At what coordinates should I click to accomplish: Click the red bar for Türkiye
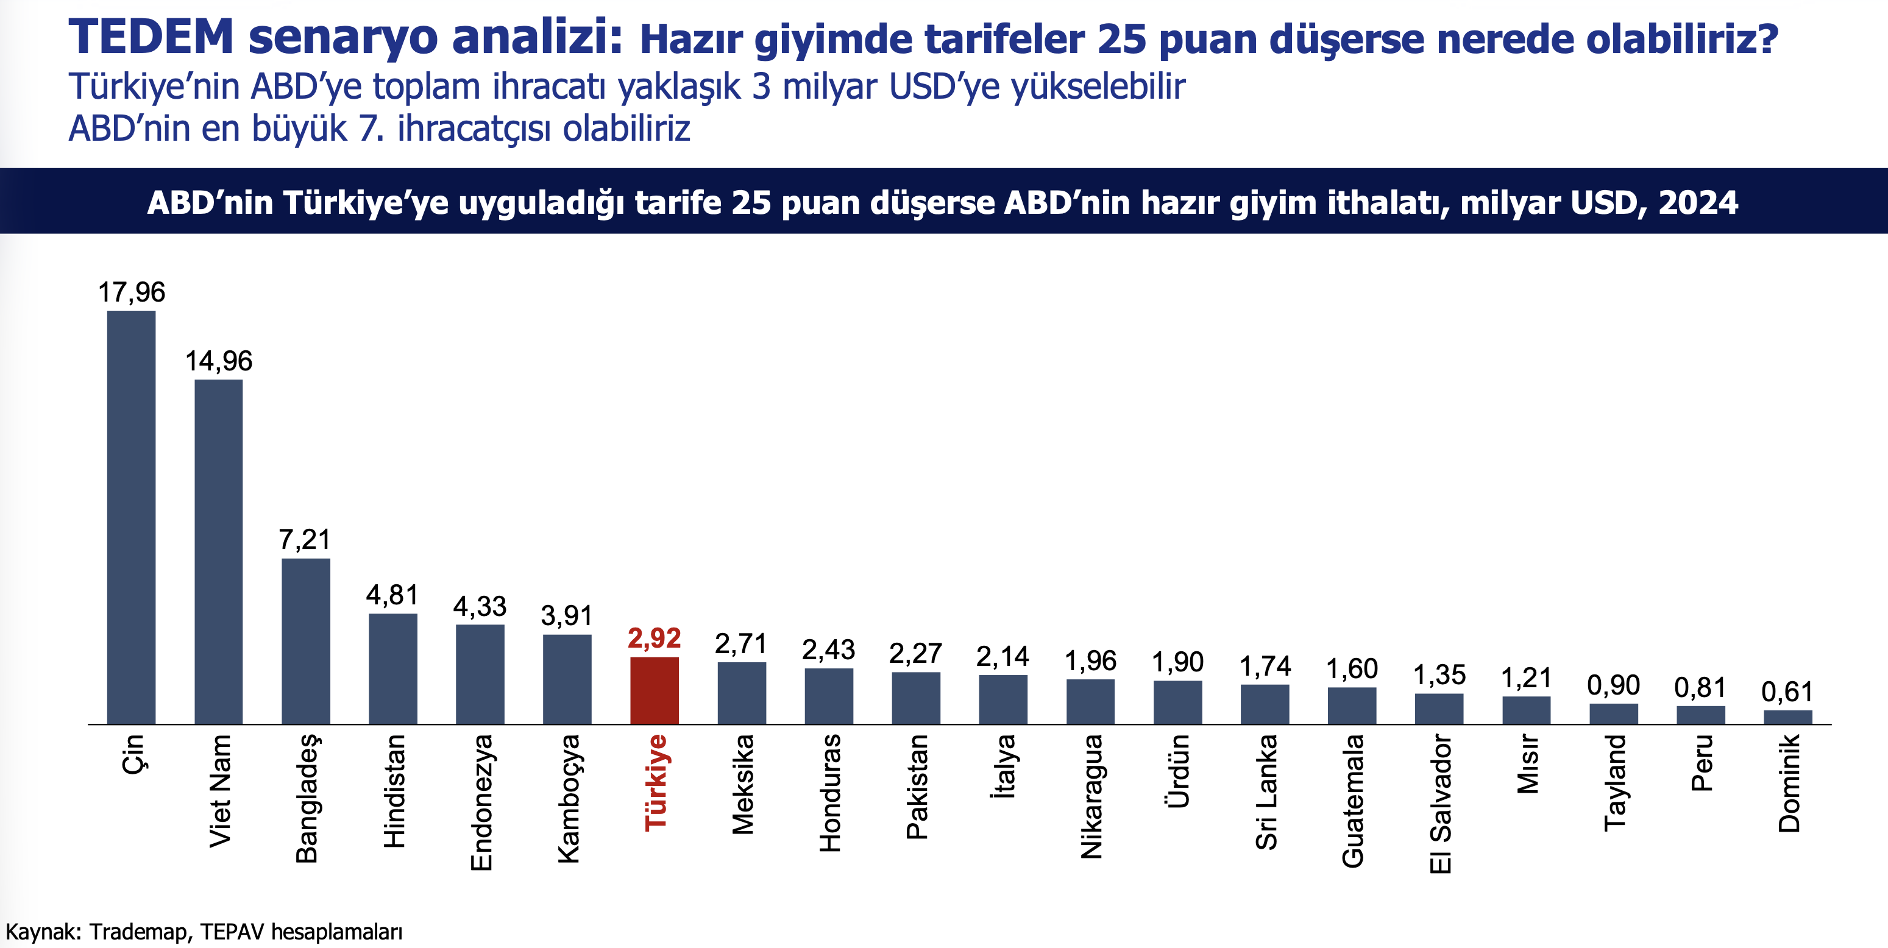654,691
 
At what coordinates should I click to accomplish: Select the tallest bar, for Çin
131,517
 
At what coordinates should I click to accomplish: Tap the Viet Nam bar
218,551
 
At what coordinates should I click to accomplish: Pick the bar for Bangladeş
306,641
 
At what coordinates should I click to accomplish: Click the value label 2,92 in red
654,638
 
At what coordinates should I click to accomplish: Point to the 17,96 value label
132,292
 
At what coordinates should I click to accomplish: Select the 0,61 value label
1787,692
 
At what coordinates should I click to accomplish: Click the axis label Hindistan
394,791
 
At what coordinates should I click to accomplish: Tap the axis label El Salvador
1440,804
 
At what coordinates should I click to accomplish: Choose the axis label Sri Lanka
1266,792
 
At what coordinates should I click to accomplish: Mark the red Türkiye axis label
655,782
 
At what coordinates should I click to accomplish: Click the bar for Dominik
1787,716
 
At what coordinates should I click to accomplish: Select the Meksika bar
741,693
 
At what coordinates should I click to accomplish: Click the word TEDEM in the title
151,37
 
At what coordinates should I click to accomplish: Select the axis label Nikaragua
1091,796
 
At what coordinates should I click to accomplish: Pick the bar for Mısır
1526,710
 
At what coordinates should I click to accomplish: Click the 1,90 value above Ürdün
1178,662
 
